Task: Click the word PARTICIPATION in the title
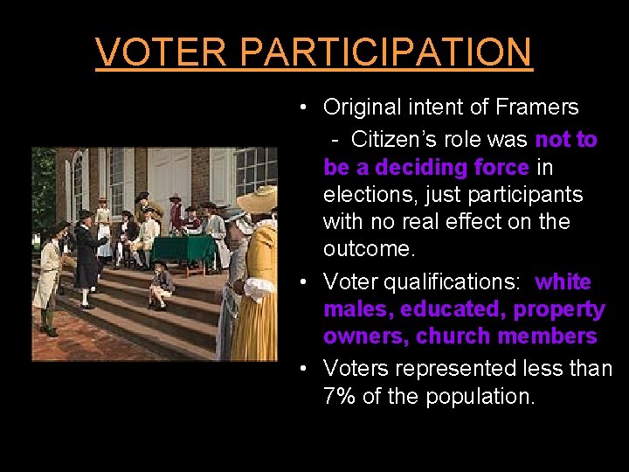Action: (385, 52)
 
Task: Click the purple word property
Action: (559, 309)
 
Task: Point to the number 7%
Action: (339, 396)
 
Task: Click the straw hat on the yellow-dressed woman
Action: (259, 200)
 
